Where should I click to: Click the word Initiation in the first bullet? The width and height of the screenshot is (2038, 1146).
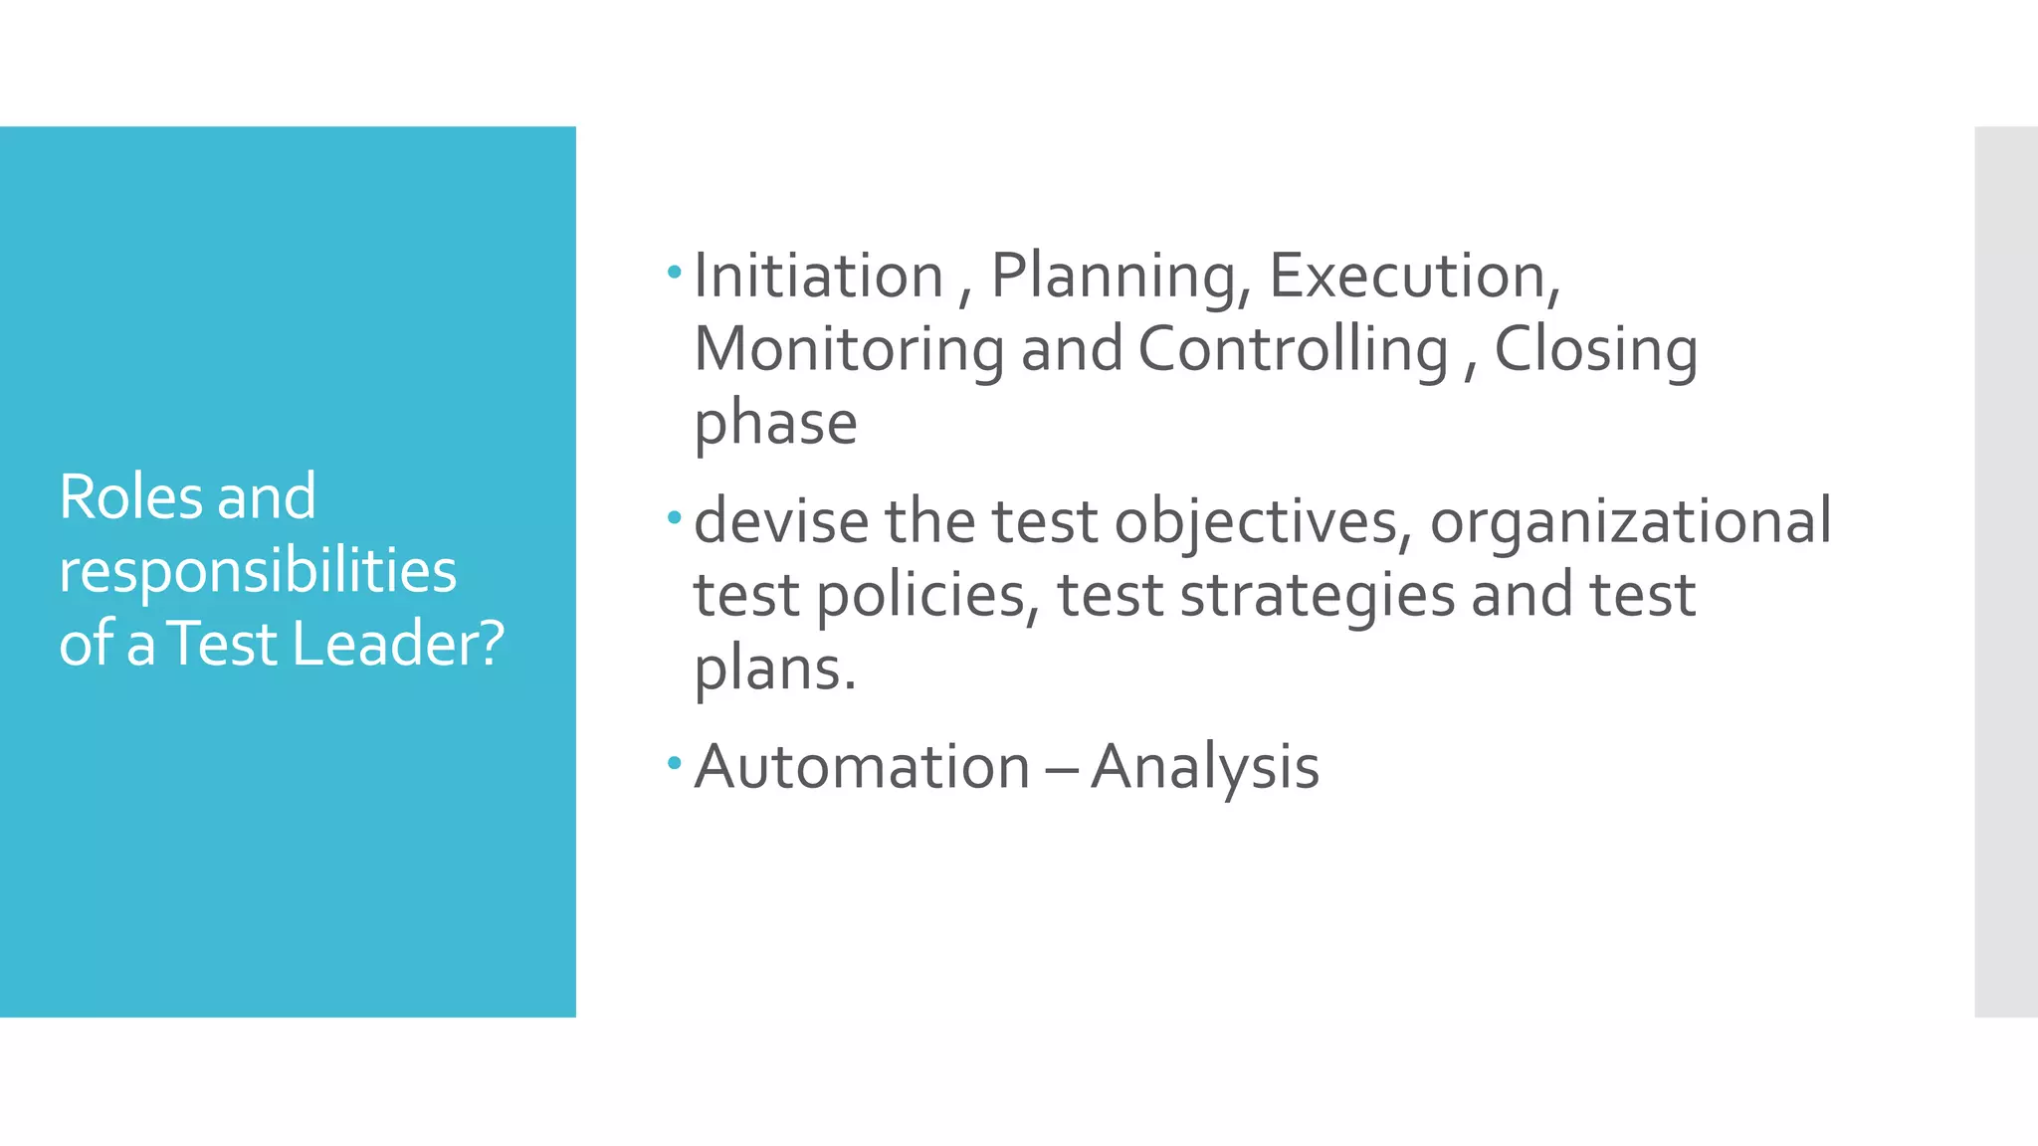click(818, 276)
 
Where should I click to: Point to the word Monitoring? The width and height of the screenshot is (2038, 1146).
click(849, 351)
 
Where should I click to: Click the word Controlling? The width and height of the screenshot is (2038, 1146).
click(1293, 351)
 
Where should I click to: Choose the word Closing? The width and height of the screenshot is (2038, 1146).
click(1595, 351)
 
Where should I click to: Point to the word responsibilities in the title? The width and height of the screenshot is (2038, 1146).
click(258, 572)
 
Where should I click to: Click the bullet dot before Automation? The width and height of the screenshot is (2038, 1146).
click(675, 763)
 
